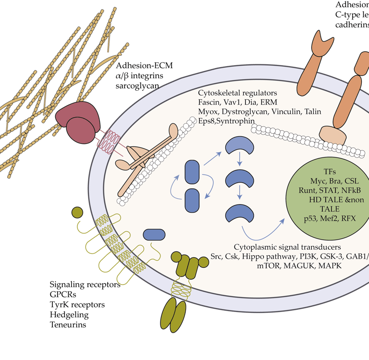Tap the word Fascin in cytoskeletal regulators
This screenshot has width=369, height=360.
(210, 102)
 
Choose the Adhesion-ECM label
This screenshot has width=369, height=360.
(145, 66)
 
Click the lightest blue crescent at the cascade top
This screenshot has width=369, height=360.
(240, 145)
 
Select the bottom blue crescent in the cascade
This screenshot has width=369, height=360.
(239, 212)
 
